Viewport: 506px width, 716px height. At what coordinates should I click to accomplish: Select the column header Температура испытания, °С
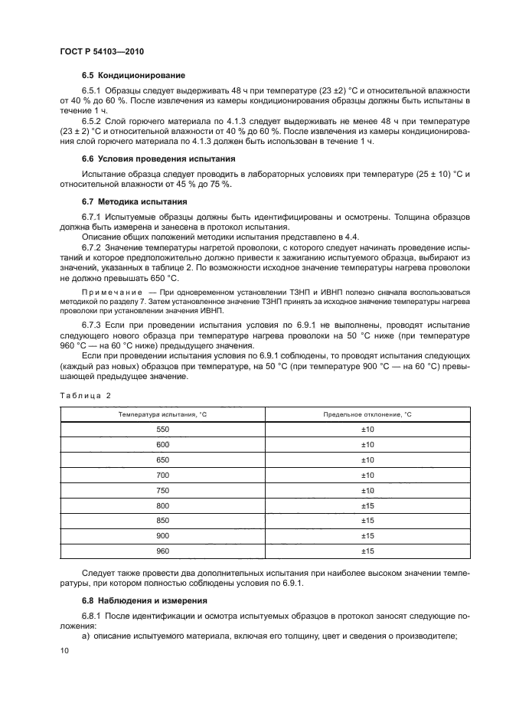(162, 414)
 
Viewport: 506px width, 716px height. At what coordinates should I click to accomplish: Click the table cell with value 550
(162, 430)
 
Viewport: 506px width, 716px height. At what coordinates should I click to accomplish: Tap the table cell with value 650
(162, 460)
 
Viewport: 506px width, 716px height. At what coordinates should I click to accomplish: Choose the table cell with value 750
(162, 490)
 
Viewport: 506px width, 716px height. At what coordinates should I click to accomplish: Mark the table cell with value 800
(162, 505)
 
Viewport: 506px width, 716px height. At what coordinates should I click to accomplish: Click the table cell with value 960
(162, 551)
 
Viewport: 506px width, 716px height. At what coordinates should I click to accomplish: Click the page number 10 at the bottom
(64, 650)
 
